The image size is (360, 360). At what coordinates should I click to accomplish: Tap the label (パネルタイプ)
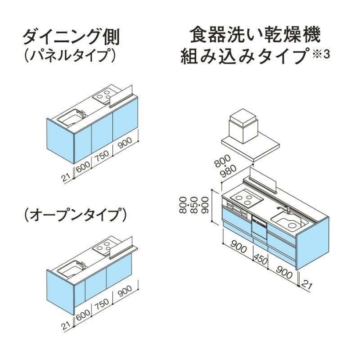[70, 56]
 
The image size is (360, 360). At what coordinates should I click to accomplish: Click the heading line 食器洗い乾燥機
[255, 35]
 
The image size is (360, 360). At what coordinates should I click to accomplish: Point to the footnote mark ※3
[321, 54]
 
